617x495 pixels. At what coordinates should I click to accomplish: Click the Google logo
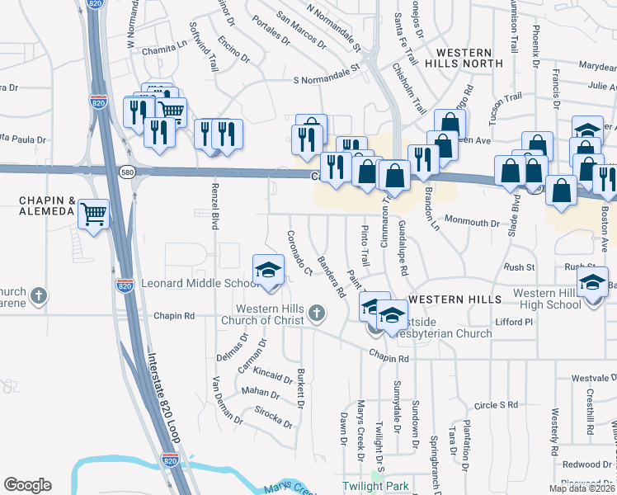27,485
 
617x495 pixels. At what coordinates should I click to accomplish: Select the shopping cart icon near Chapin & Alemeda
94,214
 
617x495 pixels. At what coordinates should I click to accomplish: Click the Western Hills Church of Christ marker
318,313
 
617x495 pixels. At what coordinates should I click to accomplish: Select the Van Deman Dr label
227,400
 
